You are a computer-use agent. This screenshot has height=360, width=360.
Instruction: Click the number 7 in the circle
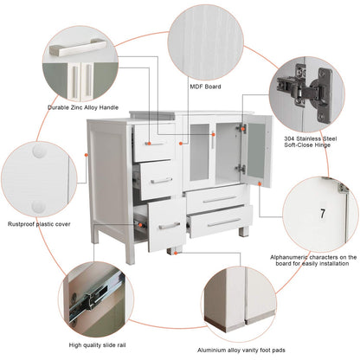coord(322,213)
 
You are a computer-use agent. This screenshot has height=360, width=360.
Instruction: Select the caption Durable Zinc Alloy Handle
coord(83,107)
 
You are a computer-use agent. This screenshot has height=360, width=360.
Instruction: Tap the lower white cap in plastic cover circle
coord(38,206)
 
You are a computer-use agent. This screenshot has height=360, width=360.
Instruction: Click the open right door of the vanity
coord(257,153)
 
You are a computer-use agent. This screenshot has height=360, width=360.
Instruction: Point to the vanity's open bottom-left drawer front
coord(164,225)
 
